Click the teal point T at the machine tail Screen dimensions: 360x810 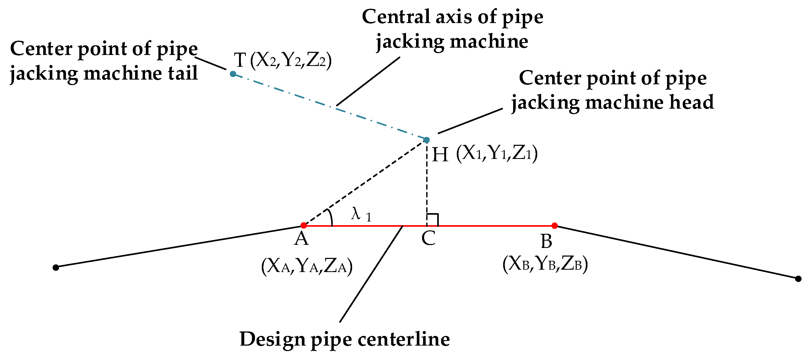pos(233,74)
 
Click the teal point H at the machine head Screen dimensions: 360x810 pos(427,140)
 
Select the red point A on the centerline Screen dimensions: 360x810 pos(303,225)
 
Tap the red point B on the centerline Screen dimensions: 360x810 pos(555,225)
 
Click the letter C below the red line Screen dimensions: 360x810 pos(428,238)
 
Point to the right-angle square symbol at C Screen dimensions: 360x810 pos(432,220)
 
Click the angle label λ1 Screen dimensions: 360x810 pos(361,215)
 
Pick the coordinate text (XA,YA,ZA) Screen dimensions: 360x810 pos(307,266)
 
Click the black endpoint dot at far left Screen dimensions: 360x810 pos(56,268)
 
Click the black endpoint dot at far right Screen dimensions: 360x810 pos(798,279)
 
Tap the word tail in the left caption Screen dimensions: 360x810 pos(183,73)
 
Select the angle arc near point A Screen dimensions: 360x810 pos(330,217)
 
